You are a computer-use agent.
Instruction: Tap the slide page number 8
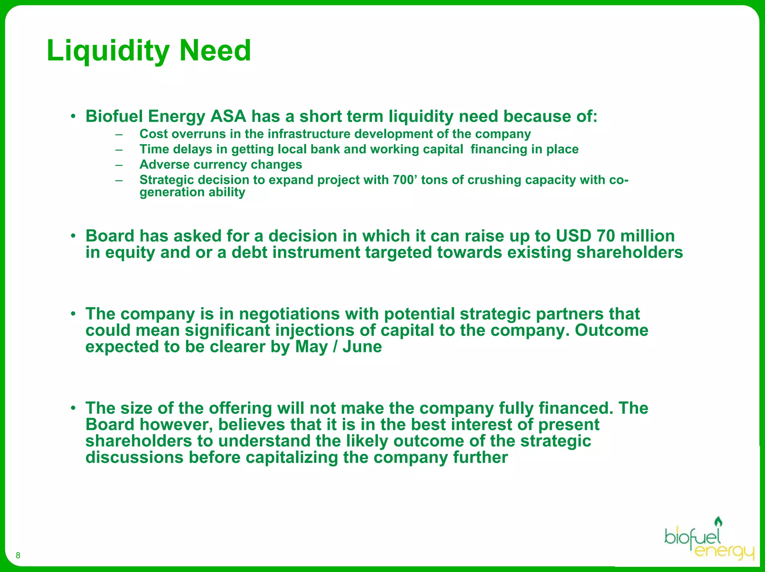click(x=18, y=555)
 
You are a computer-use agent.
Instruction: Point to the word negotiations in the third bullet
click(x=289, y=314)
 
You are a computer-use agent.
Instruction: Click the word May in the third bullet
click(x=311, y=347)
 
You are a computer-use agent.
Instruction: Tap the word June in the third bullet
click(x=362, y=347)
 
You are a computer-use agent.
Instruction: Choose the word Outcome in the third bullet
click(x=611, y=330)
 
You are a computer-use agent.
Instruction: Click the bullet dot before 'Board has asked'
click(x=74, y=236)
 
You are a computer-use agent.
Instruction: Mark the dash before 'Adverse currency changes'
click(x=119, y=165)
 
